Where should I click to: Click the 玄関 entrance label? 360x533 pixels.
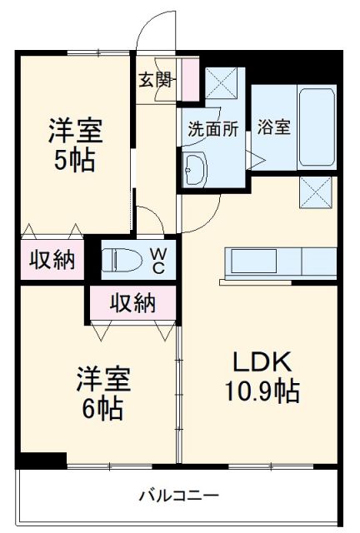[155, 81]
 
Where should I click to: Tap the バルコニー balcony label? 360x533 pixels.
[178, 497]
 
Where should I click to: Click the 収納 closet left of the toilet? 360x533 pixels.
[52, 260]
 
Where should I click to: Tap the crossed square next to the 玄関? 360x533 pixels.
[222, 82]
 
